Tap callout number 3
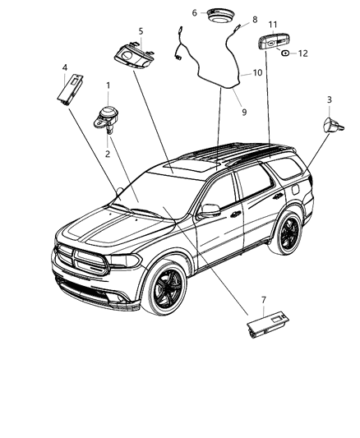(x=330, y=100)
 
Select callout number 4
(x=64, y=67)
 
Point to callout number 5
(x=141, y=31)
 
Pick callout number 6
(x=194, y=12)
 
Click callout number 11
(x=273, y=25)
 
